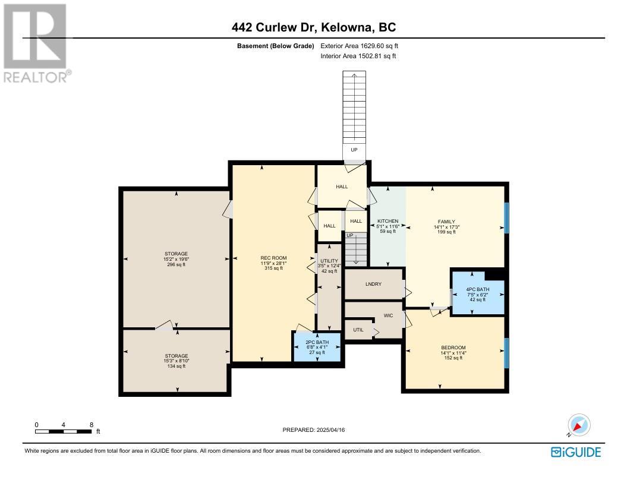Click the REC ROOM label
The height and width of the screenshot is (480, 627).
click(x=273, y=258)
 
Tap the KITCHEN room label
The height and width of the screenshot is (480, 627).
click(x=388, y=221)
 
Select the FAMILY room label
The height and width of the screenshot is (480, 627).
click(x=446, y=222)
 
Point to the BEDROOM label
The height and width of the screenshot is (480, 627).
click(x=453, y=348)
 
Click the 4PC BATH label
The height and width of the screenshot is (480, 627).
click(x=478, y=289)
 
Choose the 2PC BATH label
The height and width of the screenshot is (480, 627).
click(x=317, y=342)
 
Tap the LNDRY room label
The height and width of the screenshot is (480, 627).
click(x=373, y=284)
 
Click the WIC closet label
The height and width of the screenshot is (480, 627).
click(x=388, y=315)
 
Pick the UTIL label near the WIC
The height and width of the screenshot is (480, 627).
click(x=358, y=330)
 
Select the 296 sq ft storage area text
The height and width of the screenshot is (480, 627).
click(x=177, y=264)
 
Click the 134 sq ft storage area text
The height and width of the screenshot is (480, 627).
click(x=177, y=366)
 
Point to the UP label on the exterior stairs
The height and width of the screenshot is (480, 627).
click(x=354, y=150)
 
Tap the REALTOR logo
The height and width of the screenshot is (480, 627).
click(x=36, y=43)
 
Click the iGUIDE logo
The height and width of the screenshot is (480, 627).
click(x=576, y=452)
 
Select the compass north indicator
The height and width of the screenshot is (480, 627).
click(x=578, y=425)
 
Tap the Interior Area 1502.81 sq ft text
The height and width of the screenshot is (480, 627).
click(x=358, y=56)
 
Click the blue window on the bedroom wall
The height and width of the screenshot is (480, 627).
click(x=506, y=353)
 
